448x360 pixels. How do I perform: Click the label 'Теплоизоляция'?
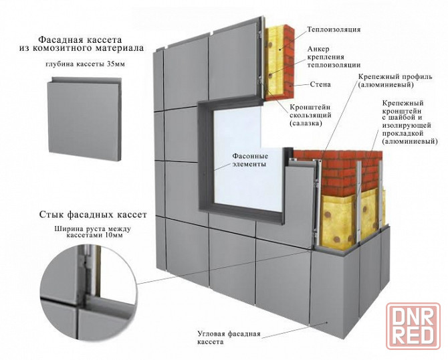[x=334, y=29]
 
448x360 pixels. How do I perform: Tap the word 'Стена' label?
[x=320, y=84]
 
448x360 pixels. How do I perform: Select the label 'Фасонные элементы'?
[x=250, y=161]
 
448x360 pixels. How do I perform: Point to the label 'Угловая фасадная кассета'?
[x=229, y=338]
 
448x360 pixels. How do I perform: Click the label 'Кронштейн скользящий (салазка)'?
[x=310, y=116]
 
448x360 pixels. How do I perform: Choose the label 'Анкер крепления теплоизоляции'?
[x=334, y=57]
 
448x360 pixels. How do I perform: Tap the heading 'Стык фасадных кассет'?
[x=93, y=214]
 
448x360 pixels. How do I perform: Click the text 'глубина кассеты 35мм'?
[x=85, y=64]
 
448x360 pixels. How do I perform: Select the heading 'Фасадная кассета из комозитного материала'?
[x=82, y=43]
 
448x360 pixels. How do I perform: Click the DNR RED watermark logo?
[x=413, y=326]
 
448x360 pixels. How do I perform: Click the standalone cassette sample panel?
[x=85, y=119]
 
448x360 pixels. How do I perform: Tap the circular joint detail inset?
[x=88, y=290]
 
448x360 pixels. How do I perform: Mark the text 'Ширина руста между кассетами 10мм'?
[x=92, y=232]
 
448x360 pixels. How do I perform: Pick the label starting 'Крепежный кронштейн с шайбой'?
[x=410, y=122]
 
